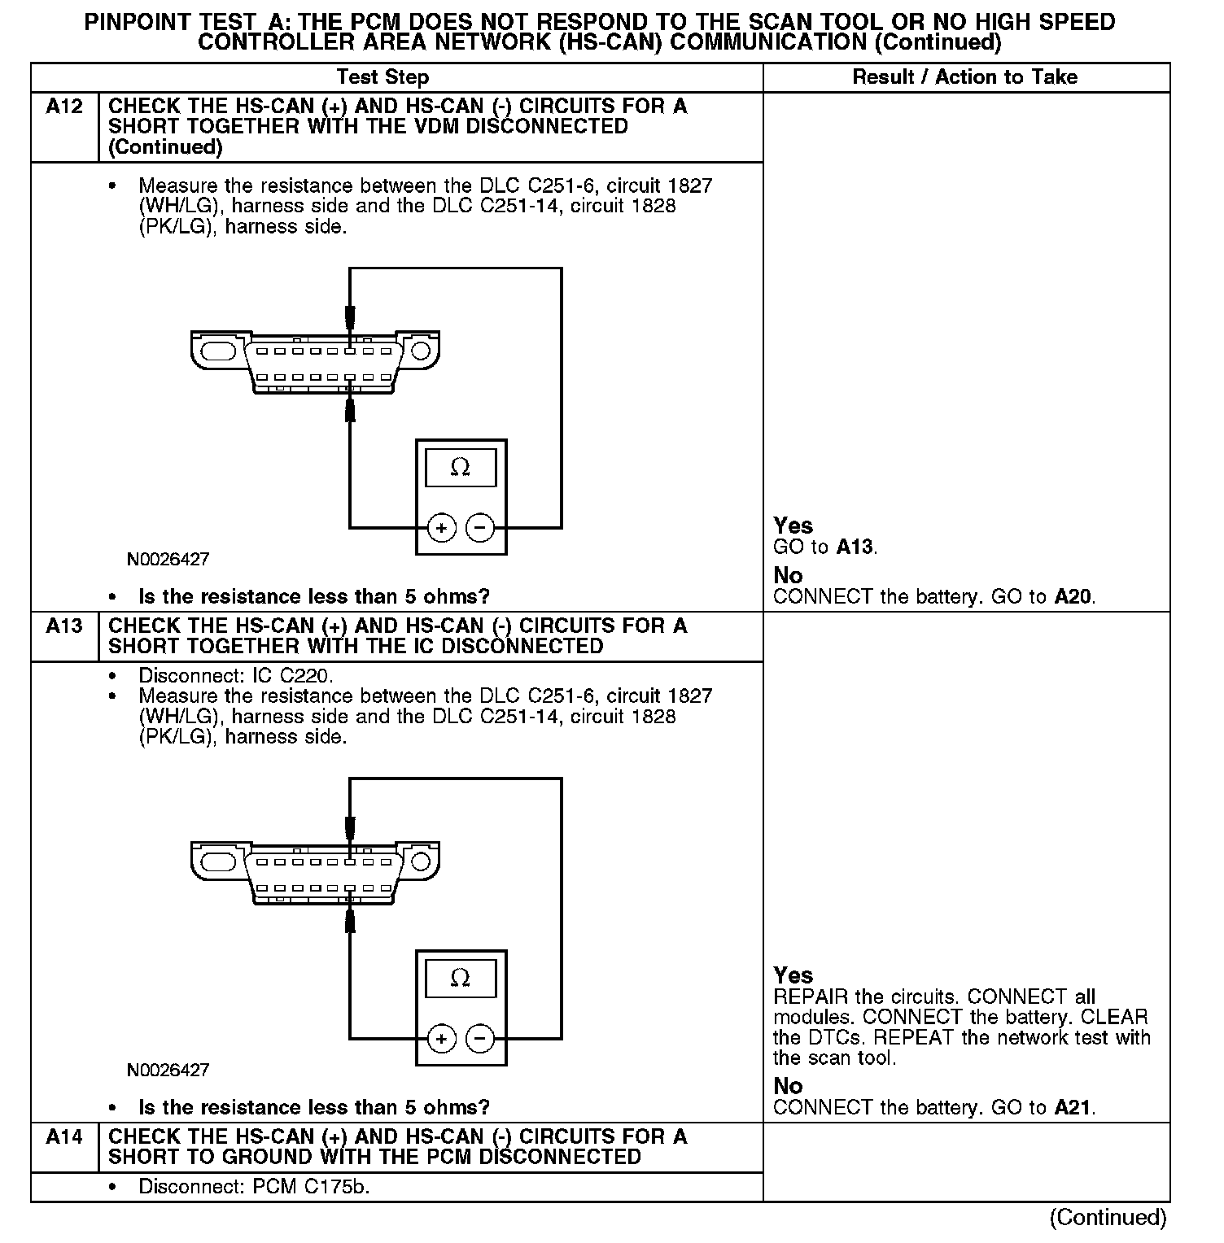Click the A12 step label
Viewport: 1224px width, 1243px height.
(64, 107)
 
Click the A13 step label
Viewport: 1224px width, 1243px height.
(64, 626)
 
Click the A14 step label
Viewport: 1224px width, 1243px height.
(64, 1136)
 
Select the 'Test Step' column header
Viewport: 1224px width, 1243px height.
(382, 77)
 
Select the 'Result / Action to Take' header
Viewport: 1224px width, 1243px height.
(964, 77)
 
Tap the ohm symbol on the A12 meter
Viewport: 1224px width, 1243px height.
(460, 467)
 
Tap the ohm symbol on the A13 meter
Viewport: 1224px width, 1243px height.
(460, 977)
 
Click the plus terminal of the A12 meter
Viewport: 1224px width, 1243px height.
(441, 528)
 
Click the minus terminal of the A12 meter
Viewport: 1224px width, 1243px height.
(480, 528)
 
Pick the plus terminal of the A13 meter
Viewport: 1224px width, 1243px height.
(441, 1039)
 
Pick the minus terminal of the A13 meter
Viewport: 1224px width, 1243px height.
(480, 1039)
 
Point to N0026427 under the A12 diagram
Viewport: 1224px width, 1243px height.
(168, 560)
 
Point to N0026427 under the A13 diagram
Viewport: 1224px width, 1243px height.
(168, 1070)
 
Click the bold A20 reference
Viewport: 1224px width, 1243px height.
(1073, 596)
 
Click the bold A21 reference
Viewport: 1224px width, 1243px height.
(1073, 1107)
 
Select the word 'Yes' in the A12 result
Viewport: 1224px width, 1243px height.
(793, 526)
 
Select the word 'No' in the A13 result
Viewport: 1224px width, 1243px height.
(788, 1086)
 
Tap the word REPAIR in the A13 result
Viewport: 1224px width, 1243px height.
(811, 997)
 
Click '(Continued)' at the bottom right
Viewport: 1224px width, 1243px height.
(1108, 1217)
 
